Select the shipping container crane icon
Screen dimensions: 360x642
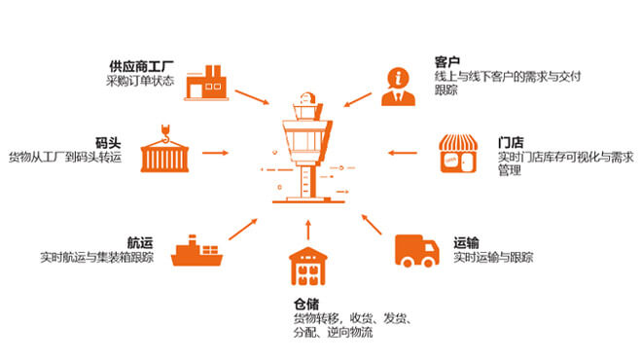[164, 151]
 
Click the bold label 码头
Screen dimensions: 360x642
[108, 142]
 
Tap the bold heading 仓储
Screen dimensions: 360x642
[307, 304]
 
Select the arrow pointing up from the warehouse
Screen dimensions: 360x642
[307, 231]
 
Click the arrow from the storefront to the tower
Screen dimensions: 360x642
[404, 153]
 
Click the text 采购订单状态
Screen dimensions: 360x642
[140, 81]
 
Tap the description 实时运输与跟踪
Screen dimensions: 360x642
[493, 258]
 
